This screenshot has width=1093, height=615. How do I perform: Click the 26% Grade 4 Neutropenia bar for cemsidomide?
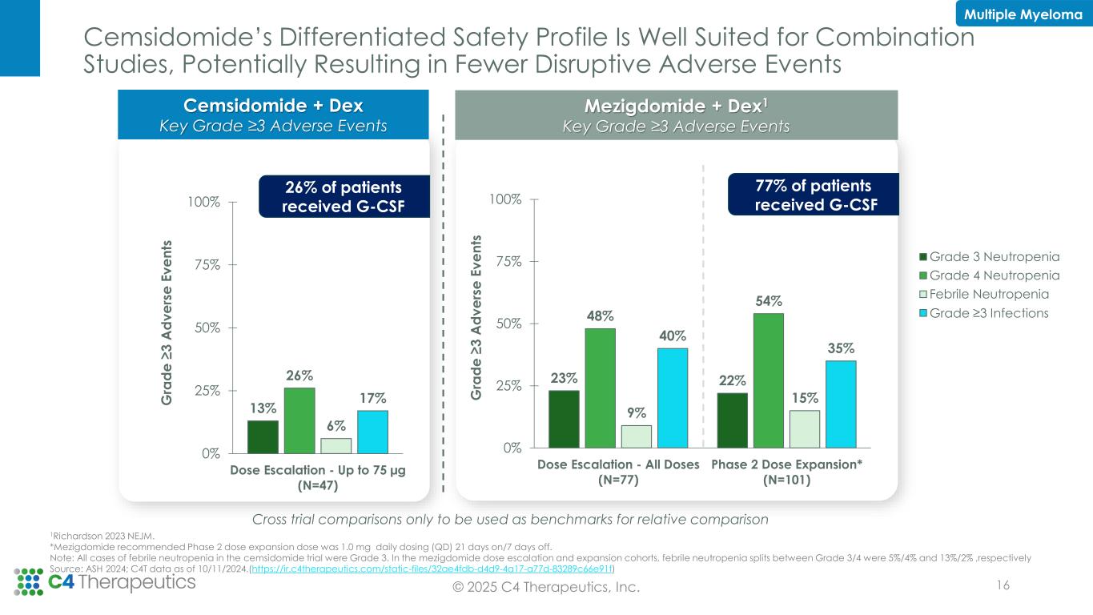coord(299,420)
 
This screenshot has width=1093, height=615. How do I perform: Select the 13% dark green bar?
coord(263,436)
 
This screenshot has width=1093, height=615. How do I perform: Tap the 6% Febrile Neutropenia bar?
coord(336,445)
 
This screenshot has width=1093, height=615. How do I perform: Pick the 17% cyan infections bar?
coord(372,432)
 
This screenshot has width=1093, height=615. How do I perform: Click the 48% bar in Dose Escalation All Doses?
coord(600,388)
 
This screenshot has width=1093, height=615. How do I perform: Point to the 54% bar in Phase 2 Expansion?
coord(768,380)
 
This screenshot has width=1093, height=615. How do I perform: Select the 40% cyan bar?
coord(672,397)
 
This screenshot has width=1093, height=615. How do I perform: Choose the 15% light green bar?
coord(805,428)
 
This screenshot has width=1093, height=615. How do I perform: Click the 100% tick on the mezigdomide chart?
coord(506,199)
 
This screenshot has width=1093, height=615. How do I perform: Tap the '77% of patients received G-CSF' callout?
coord(813,195)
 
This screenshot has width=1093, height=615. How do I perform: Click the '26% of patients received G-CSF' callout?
coord(344,196)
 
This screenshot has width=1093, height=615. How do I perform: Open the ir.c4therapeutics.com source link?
coord(432,569)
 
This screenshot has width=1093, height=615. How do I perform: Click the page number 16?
coord(1001,585)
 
